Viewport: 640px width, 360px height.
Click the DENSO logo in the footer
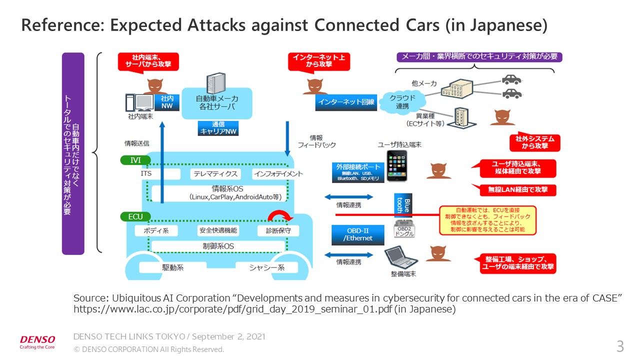click(37, 339)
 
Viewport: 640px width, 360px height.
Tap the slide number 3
click(620, 346)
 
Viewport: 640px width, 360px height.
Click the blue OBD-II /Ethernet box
click(358, 235)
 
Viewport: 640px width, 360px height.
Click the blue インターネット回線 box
click(345, 102)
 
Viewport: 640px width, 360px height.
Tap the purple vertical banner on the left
click(73, 153)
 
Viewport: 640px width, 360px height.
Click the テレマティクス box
click(215, 174)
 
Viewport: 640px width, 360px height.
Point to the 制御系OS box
click(218, 246)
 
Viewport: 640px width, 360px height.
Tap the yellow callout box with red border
click(487, 220)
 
